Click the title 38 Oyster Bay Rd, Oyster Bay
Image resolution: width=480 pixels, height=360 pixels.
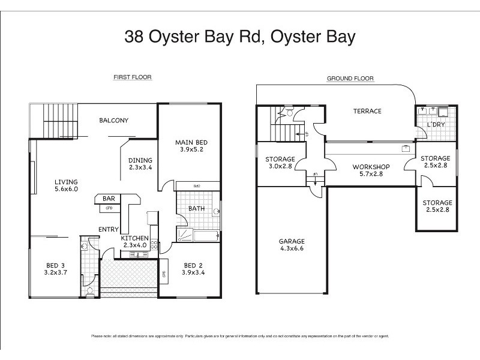pyautogui.click(x=240, y=37)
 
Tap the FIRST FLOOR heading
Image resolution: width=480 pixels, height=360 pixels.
pyautogui.click(x=133, y=77)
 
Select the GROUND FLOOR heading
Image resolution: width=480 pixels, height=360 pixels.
pyautogui.click(x=350, y=79)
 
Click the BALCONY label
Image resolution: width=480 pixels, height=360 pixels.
pyautogui.click(x=113, y=121)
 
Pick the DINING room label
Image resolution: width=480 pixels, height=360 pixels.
pyautogui.click(x=140, y=160)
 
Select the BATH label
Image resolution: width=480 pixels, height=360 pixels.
pyautogui.click(x=196, y=209)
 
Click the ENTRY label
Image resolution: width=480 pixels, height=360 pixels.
pyautogui.click(x=108, y=229)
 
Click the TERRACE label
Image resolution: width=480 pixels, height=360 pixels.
pyautogui.click(x=367, y=111)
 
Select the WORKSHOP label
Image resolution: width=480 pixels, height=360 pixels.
pyautogui.click(x=371, y=167)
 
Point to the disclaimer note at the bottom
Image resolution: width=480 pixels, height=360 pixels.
pyautogui.click(x=240, y=336)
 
